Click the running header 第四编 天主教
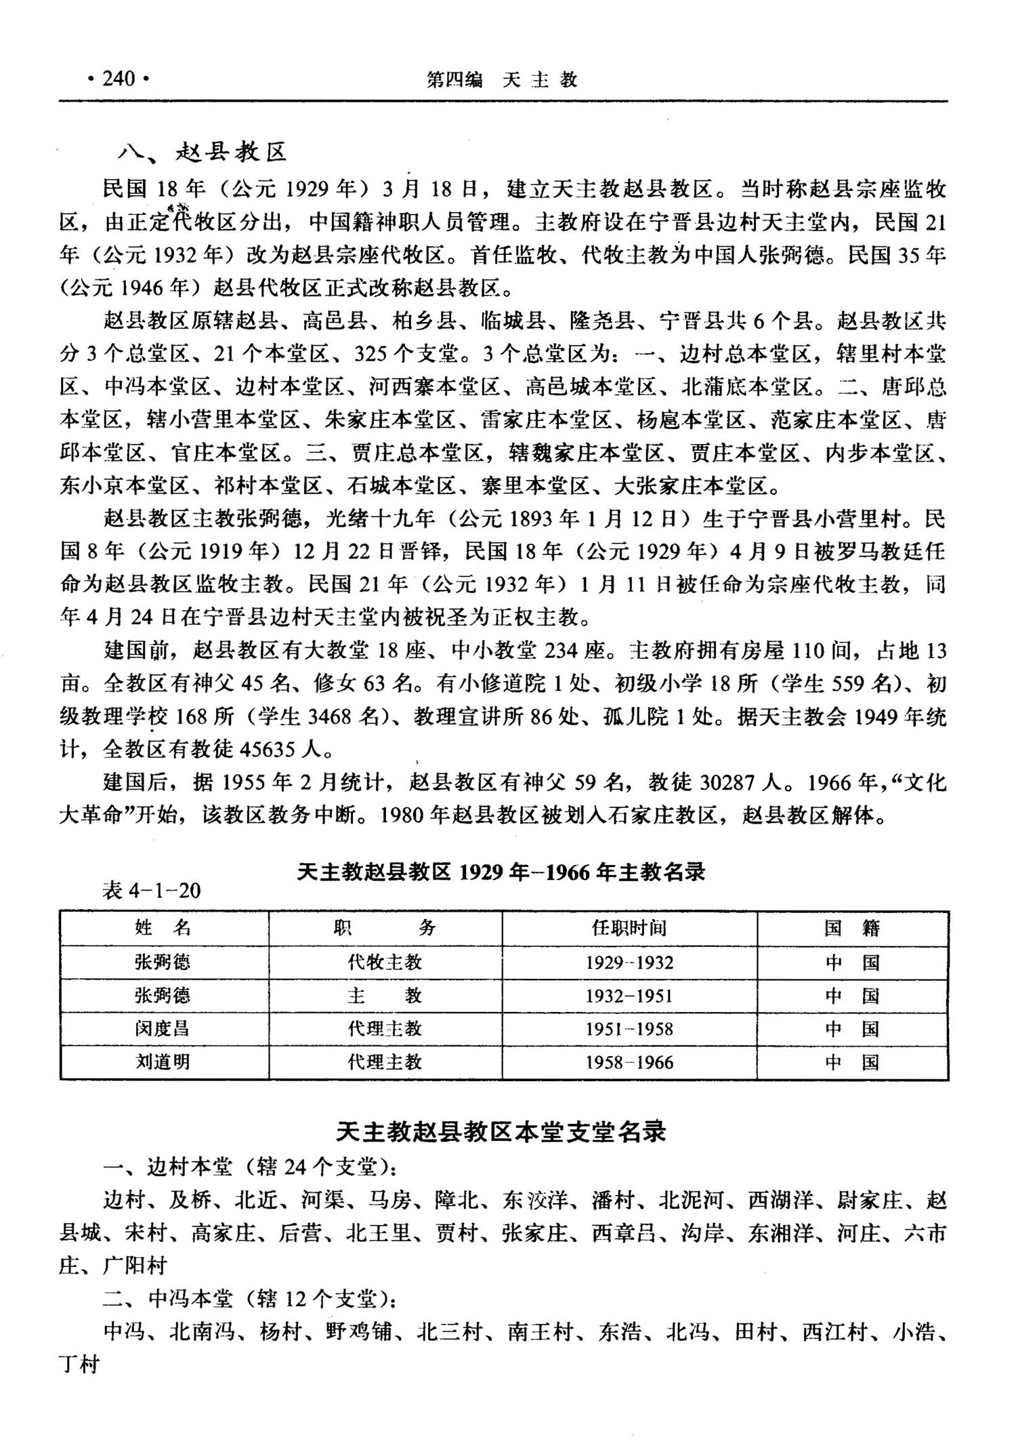501,80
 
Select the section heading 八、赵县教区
203,153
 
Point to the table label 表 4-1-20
151,891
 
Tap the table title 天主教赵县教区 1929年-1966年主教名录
501,872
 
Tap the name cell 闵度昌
163,1029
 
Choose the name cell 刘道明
163,1062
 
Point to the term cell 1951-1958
629,1029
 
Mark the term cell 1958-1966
629,1062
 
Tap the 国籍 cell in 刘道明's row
852,1062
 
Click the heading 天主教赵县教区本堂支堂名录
501,1133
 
